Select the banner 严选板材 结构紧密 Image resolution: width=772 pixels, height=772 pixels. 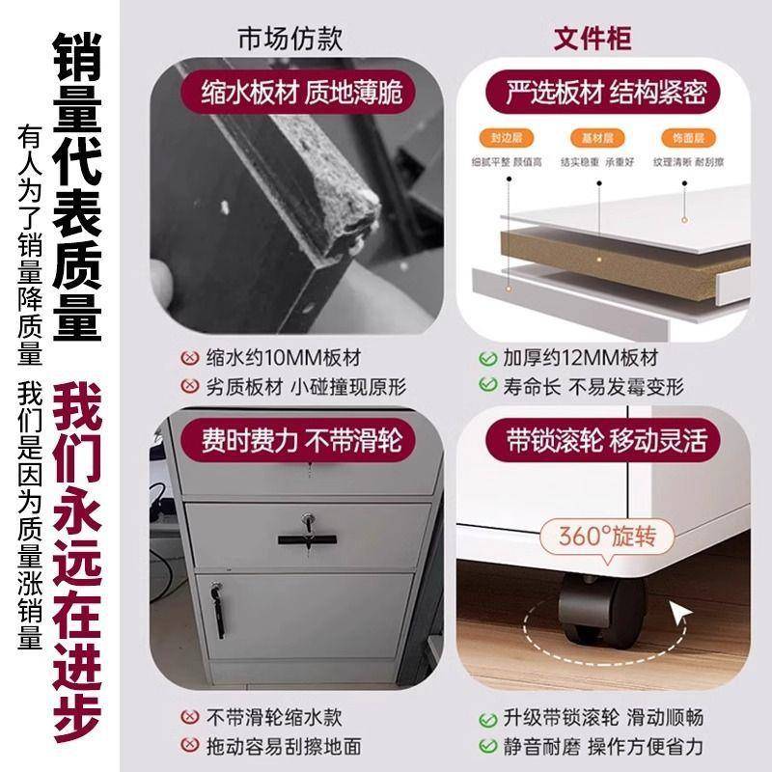(x=607, y=93)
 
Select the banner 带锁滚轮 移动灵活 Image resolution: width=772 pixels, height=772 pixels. (x=607, y=441)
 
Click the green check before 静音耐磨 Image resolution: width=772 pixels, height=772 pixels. (x=488, y=746)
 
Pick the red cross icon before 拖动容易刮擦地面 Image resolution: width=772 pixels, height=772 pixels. (x=190, y=746)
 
